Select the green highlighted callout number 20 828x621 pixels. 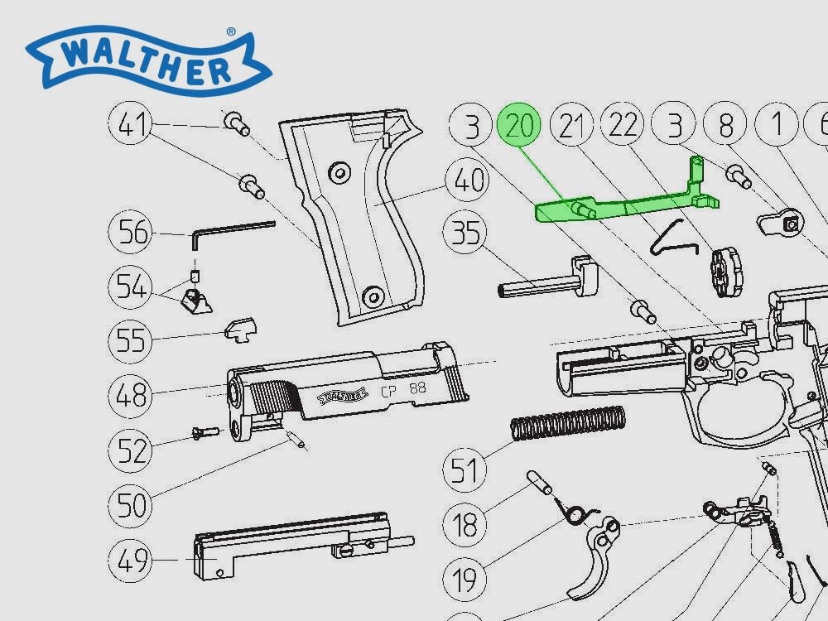coord(519,127)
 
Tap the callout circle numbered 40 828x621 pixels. coord(467,181)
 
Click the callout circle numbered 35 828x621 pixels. coord(467,233)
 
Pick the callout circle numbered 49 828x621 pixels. coord(132,561)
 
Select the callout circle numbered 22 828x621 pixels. coord(625,127)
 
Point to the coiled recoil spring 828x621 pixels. coord(567,424)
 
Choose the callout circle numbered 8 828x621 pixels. coord(726,127)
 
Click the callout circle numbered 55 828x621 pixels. coord(132,339)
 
